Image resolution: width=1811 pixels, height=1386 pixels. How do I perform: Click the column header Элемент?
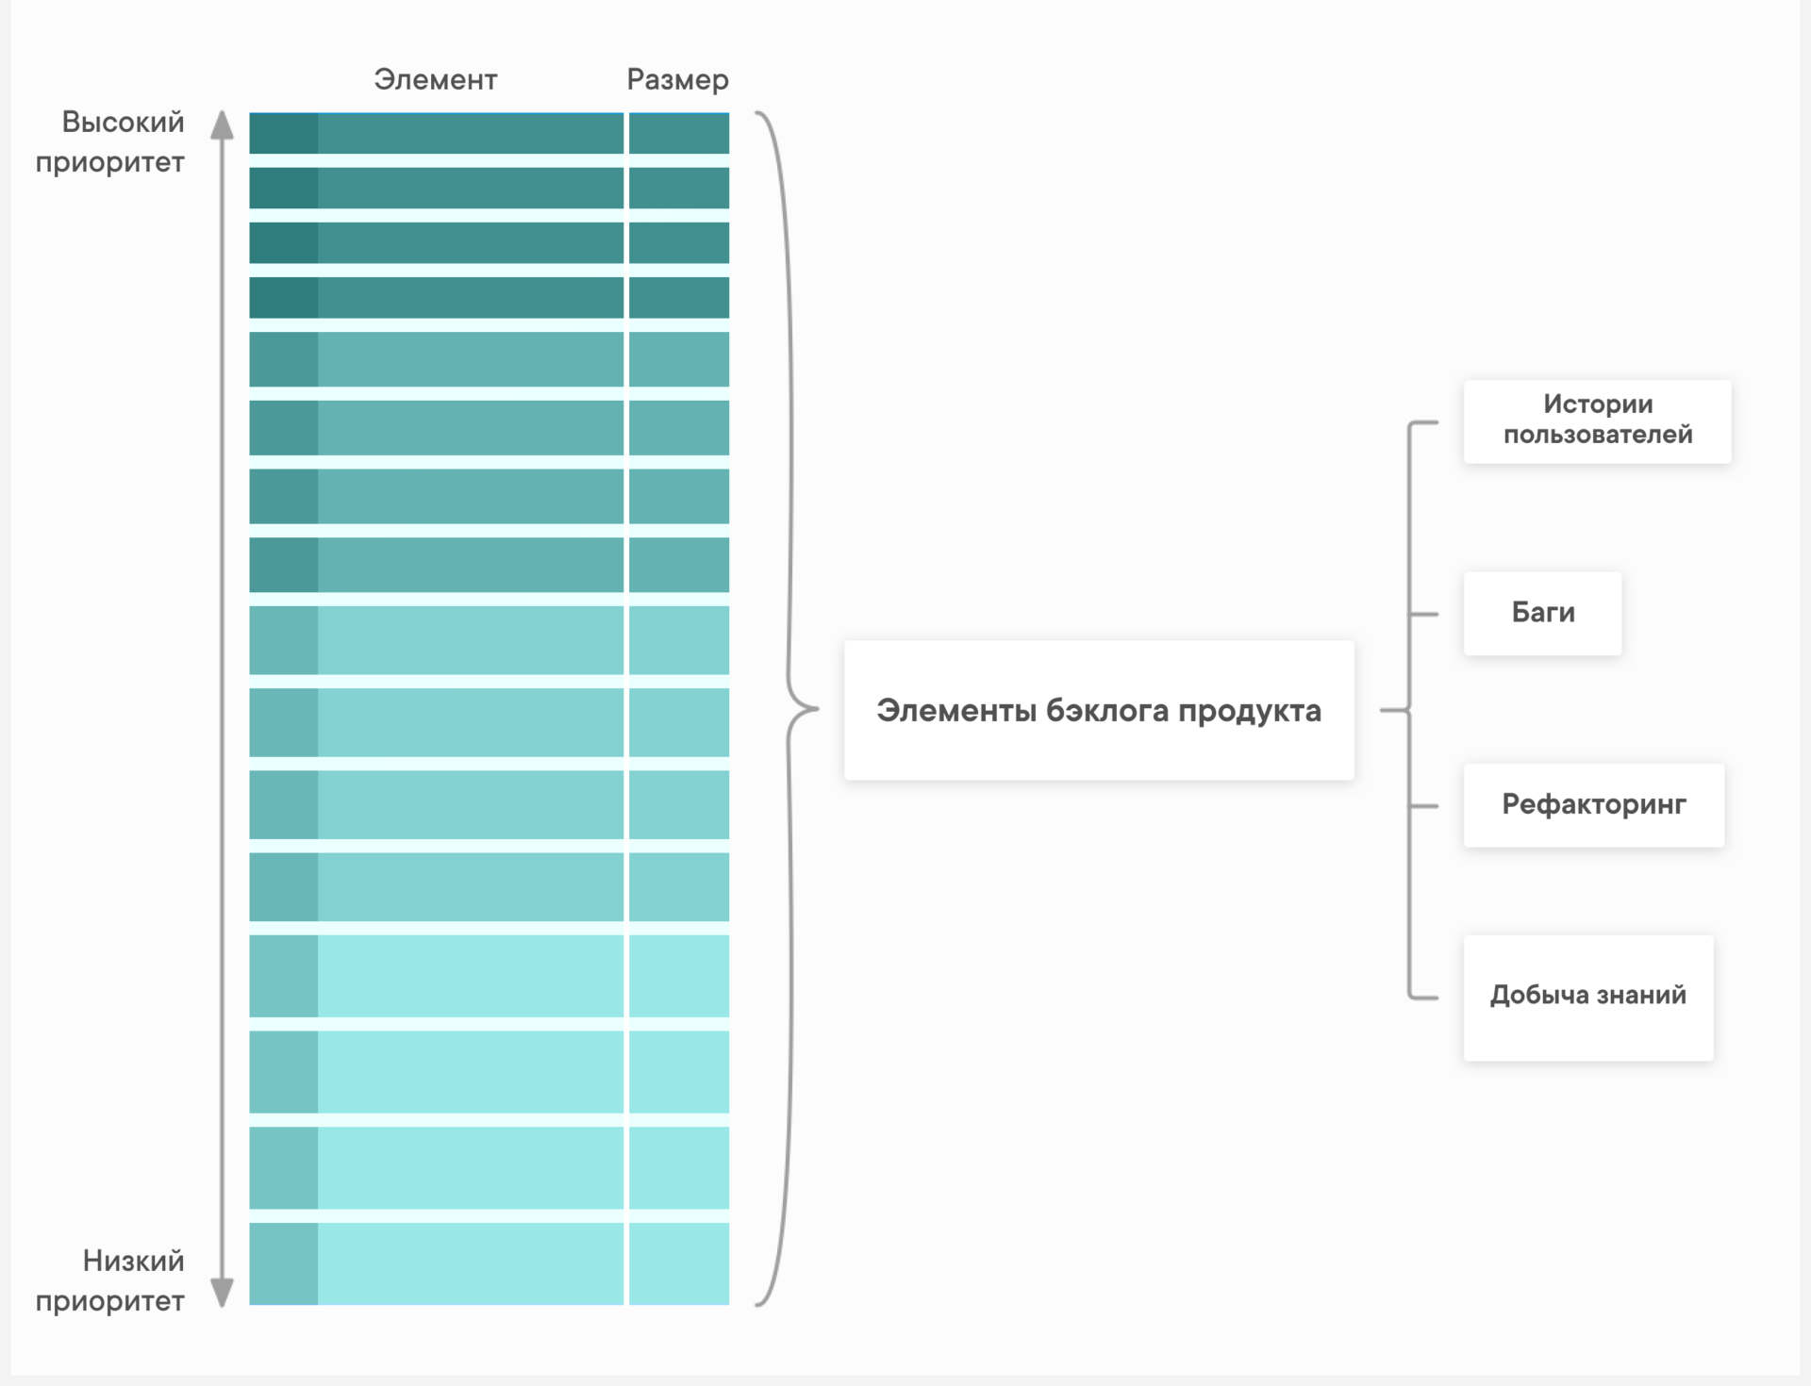coord(435,79)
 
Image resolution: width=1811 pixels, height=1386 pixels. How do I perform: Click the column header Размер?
coord(677,80)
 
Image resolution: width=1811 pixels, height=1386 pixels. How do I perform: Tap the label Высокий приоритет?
coord(110,141)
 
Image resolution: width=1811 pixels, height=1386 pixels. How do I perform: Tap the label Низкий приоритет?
coord(110,1280)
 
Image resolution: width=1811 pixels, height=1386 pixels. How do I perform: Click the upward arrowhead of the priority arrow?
coord(222,124)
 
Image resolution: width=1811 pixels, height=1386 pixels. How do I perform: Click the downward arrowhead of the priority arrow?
coord(222,1293)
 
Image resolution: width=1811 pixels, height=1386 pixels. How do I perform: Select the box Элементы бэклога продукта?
coord(1099,710)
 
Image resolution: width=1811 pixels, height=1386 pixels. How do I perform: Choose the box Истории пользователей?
coord(1597,421)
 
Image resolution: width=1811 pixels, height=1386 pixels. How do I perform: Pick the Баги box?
coord(1542,613)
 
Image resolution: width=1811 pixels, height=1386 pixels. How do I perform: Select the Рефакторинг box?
coord(1593,805)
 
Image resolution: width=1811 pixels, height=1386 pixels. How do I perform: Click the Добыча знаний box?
coord(1588,998)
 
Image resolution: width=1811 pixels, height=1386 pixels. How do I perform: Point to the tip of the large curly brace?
coord(818,708)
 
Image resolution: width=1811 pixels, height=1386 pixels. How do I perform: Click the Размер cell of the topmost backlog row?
coord(679,133)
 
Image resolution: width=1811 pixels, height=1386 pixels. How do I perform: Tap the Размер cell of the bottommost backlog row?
coord(679,1263)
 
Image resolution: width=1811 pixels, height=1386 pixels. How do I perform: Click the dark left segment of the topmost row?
coord(283,133)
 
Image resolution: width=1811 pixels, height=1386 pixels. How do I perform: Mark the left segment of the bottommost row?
coord(283,1263)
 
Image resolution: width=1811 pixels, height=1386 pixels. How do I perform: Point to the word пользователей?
coord(1598,435)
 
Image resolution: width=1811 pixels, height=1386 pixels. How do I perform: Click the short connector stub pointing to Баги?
coord(1424,614)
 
